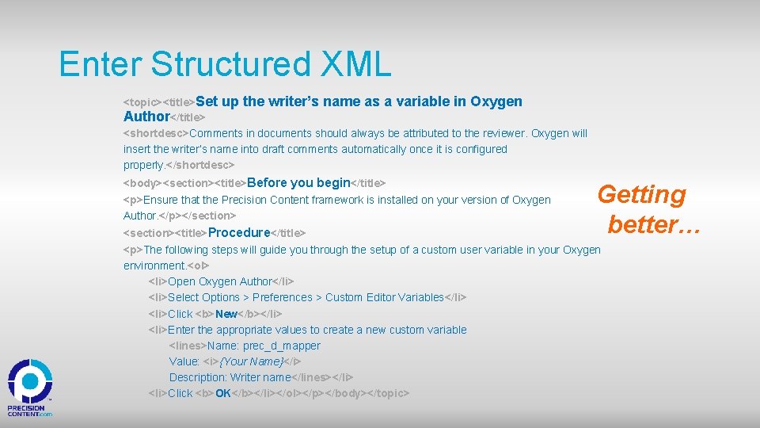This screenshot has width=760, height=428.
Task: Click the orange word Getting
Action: pyautogui.click(x=641, y=194)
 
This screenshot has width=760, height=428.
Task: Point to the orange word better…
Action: pyautogui.click(x=654, y=224)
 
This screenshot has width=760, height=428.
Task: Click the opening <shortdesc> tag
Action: pyautogui.click(x=156, y=133)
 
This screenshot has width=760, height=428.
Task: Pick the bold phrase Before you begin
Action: pyautogui.click(x=298, y=183)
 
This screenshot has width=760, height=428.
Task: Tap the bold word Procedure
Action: pyautogui.click(x=239, y=233)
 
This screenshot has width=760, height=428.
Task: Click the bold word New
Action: pyautogui.click(x=226, y=314)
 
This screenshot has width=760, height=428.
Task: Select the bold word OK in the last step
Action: pyautogui.click(x=223, y=393)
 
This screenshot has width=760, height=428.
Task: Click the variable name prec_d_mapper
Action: pyautogui.click(x=281, y=346)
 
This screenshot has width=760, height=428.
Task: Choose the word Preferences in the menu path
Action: pyautogui.click(x=283, y=297)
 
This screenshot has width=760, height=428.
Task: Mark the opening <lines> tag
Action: pyautogui.click(x=188, y=346)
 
